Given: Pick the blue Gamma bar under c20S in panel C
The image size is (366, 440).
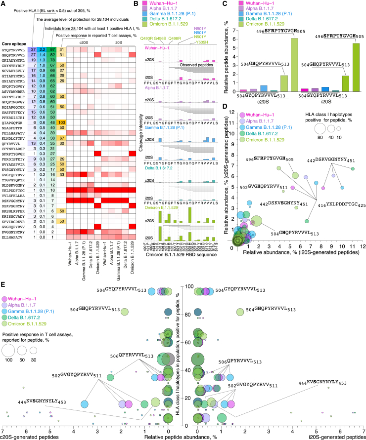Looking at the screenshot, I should point(264,88).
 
